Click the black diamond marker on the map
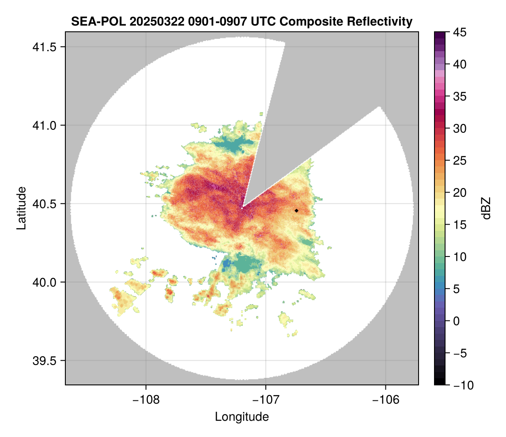[297, 211]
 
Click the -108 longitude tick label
[146, 400]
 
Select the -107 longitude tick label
[266, 400]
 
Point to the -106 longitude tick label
[386, 400]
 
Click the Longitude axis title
[242, 417]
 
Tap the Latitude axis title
[21, 208]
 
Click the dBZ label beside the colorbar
[486, 208]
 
